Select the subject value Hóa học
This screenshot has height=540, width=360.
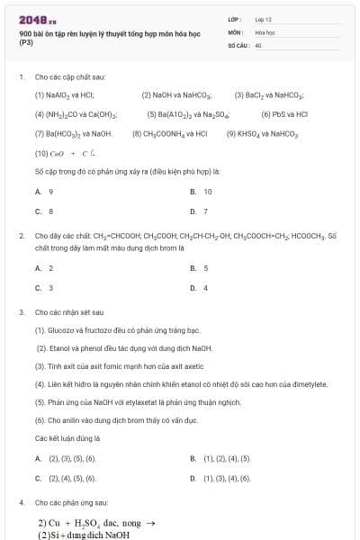[x=264, y=31]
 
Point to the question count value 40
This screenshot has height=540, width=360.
[x=258, y=44]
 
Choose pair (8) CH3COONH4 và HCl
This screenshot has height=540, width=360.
[x=175, y=133]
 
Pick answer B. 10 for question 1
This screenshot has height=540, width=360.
[x=202, y=192]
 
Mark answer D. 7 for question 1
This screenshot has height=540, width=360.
[x=200, y=211]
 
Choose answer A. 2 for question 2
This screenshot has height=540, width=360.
[x=44, y=268]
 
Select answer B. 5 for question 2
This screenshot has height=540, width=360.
[x=200, y=268]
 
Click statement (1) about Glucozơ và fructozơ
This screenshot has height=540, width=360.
[x=117, y=330]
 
